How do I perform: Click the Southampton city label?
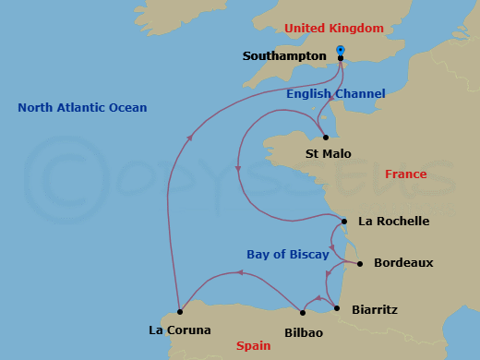[x=284, y=56]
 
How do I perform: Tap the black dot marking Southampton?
[x=341, y=58]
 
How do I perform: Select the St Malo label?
[x=328, y=153]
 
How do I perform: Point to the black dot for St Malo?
[x=326, y=138]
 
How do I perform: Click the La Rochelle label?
[x=394, y=222]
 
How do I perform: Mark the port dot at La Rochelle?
[x=343, y=222]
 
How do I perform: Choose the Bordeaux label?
[x=403, y=263]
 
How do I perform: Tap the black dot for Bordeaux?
[x=359, y=263]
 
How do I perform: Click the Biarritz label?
[x=377, y=310]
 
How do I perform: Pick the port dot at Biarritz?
[x=337, y=308]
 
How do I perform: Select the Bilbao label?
[x=304, y=332]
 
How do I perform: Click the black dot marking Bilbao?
[x=303, y=313]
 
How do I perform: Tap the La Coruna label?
[x=180, y=330]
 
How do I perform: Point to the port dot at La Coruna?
[x=180, y=311]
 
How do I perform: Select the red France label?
[x=406, y=174]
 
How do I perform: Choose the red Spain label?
[x=254, y=346]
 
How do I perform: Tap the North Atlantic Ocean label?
[x=82, y=108]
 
